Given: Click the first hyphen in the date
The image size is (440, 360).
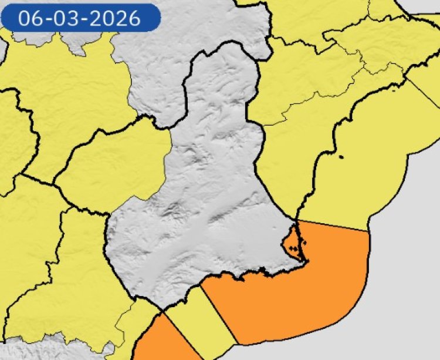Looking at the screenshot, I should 45,18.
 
